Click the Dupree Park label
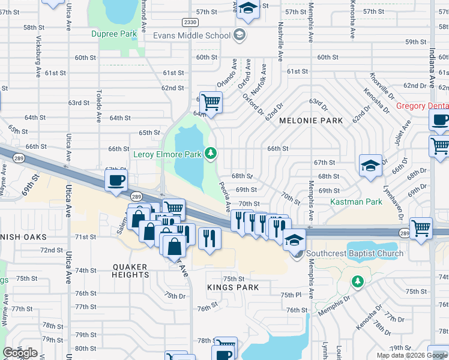(114, 34)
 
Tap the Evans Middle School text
(191, 35)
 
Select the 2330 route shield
(190, 22)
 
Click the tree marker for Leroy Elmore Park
(210, 154)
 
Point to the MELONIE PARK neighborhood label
(311, 121)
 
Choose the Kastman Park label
(357, 202)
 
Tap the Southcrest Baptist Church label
(355, 253)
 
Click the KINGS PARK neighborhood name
(233, 287)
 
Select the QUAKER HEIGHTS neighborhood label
(130, 270)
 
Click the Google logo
(20, 353)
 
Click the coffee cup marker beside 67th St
(116, 180)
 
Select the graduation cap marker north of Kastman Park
(370, 166)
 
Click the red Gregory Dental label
(423, 106)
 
